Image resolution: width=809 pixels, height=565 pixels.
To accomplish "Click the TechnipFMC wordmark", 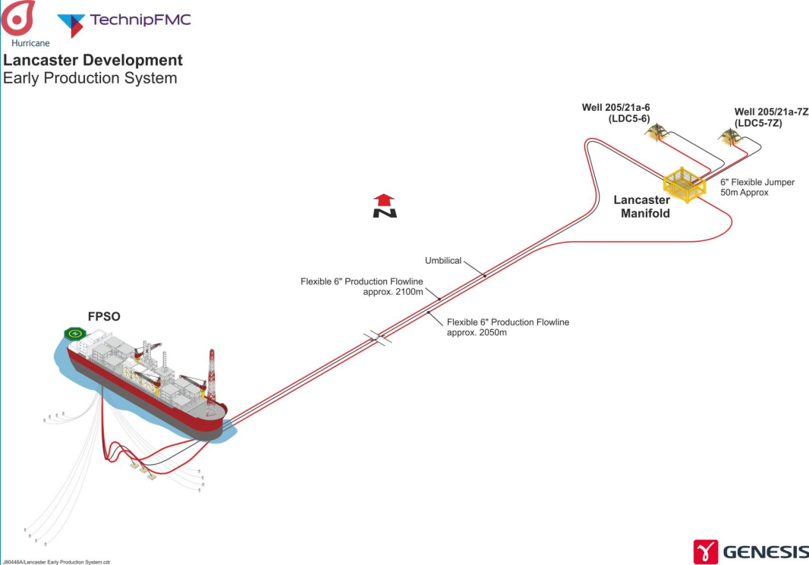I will click(x=140, y=20).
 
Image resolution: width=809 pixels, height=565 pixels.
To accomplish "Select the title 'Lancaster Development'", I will click(x=93, y=60).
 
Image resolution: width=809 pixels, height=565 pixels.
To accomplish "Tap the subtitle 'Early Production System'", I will click(x=90, y=78).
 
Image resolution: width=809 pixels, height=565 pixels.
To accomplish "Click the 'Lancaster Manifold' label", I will click(x=641, y=206).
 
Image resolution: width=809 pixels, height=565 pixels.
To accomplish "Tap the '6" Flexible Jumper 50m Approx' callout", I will click(x=757, y=187).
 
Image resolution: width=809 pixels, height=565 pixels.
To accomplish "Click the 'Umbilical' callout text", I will click(x=443, y=260).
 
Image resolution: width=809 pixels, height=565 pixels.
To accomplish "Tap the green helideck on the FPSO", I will click(x=74, y=333).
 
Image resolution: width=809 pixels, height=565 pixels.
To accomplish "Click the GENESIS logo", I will click(x=750, y=551).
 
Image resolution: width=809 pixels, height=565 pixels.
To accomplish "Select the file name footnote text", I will click(x=57, y=561).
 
